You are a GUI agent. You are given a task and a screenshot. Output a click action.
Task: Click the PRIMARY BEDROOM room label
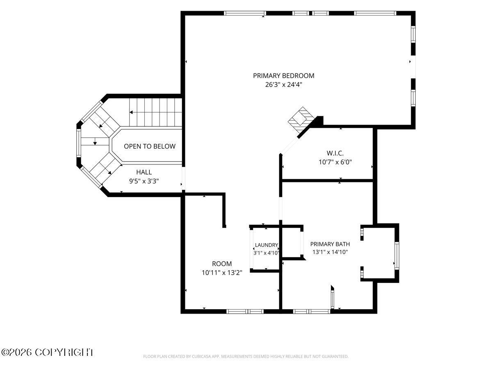tap(284, 76)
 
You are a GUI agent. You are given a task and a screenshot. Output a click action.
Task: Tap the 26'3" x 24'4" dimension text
tap(284, 85)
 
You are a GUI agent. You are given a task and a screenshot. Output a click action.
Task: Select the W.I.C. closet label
tap(335, 153)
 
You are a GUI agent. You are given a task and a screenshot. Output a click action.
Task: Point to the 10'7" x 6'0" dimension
tap(335, 162)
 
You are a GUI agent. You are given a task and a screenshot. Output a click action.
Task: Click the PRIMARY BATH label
tap(330, 244)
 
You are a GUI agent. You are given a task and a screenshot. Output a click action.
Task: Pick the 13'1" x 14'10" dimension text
tap(330, 252)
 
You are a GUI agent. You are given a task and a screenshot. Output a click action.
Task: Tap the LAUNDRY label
tap(266, 245)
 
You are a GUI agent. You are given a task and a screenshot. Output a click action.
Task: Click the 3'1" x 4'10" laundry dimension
tap(266, 253)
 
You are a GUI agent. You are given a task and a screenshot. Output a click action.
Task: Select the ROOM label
tap(222, 264)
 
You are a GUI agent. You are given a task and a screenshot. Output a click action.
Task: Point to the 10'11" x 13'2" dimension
tap(222, 273)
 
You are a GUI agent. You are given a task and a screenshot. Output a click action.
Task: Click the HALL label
tap(144, 172)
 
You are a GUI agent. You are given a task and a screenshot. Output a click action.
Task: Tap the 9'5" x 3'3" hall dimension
tap(144, 181)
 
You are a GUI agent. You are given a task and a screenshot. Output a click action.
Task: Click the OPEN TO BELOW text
tap(150, 146)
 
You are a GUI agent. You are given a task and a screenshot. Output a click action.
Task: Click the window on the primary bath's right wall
tap(397, 255)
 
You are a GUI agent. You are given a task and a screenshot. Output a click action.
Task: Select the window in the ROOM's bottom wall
tap(245, 312)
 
